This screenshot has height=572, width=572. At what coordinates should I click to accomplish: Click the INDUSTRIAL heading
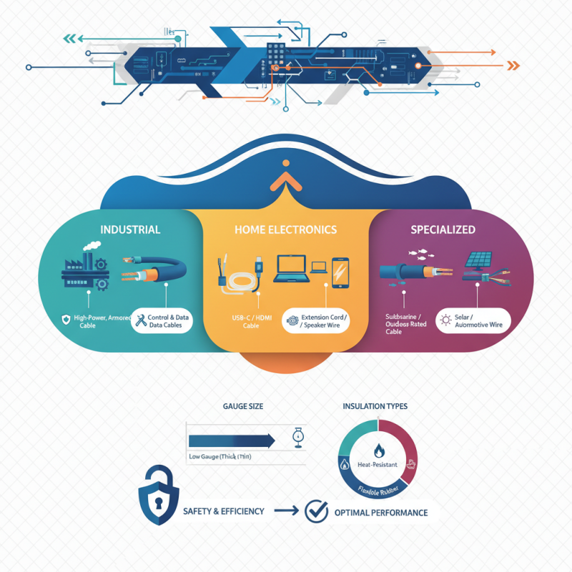[x=130, y=230]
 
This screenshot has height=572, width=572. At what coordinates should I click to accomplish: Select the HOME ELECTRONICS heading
[x=285, y=230]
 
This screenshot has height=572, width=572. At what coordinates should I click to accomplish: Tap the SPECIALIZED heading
[x=443, y=230]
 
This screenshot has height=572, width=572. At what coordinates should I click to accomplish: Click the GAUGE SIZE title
[x=242, y=406]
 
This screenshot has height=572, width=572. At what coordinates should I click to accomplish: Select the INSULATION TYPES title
[x=375, y=406]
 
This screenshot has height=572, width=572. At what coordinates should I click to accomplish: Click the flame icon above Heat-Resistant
[x=378, y=450]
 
